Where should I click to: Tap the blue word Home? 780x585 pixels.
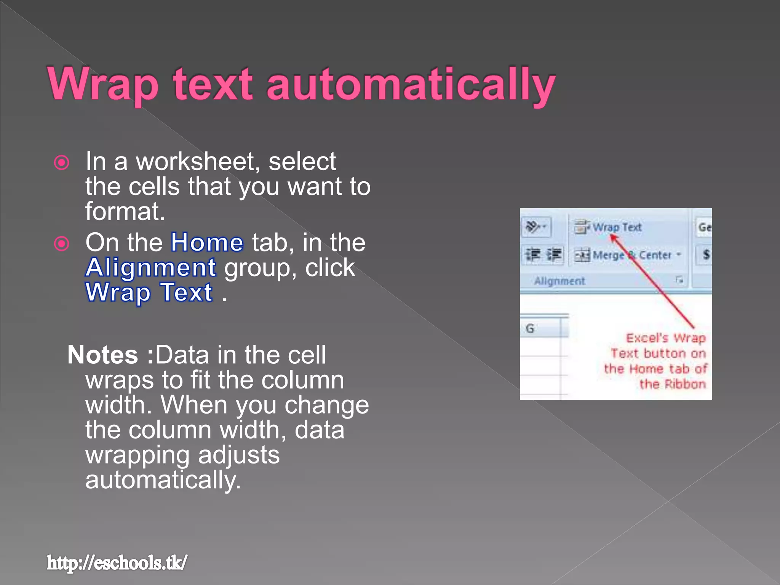pyautogui.click(x=207, y=243)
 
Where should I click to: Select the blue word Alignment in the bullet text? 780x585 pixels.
pyautogui.click(x=151, y=267)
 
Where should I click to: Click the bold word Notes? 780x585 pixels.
pyautogui.click(x=102, y=355)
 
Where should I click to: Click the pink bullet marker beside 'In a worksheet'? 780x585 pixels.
pyautogui.click(x=62, y=163)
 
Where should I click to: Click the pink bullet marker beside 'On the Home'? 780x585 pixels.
pyautogui.click(x=62, y=244)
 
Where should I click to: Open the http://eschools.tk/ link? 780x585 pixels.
pyautogui.click(x=117, y=563)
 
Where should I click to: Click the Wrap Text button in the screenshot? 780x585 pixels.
pyautogui.click(x=609, y=227)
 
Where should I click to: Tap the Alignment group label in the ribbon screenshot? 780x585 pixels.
pyautogui.click(x=559, y=281)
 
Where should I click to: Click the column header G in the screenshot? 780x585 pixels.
pyautogui.click(x=530, y=328)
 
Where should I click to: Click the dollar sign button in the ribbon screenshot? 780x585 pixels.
pyautogui.click(x=706, y=254)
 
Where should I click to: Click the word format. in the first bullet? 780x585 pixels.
pyautogui.click(x=125, y=211)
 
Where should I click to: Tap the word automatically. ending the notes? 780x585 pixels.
pyautogui.click(x=163, y=480)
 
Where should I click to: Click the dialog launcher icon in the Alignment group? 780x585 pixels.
pyautogui.click(x=679, y=280)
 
